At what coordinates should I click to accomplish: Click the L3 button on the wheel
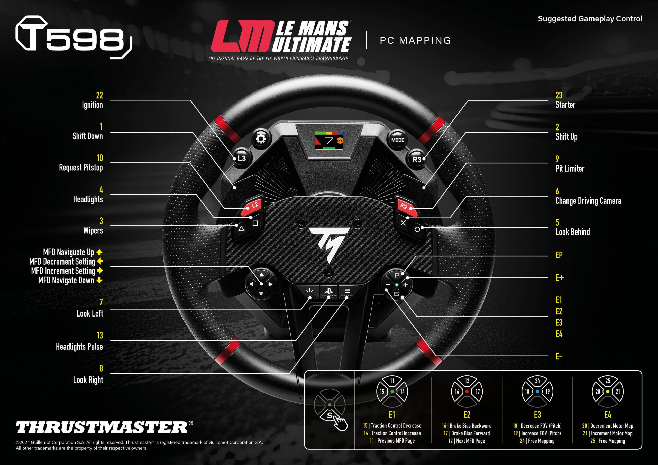point(241,158)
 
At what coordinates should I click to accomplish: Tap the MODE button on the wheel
point(397,140)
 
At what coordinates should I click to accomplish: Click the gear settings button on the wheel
point(261,139)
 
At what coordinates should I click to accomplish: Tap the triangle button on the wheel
point(241,229)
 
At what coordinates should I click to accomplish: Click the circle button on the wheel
point(417,229)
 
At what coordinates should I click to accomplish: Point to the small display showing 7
point(329,140)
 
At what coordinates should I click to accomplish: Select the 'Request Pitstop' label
point(81,168)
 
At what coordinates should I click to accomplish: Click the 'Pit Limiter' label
point(570,169)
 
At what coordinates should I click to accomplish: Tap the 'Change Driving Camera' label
point(588,201)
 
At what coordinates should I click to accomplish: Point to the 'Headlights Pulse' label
point(79,347)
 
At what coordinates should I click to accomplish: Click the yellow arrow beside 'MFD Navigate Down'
point(99,280)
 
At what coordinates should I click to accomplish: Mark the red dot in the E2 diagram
point(467,391)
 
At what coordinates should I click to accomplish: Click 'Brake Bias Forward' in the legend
point(470,433)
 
